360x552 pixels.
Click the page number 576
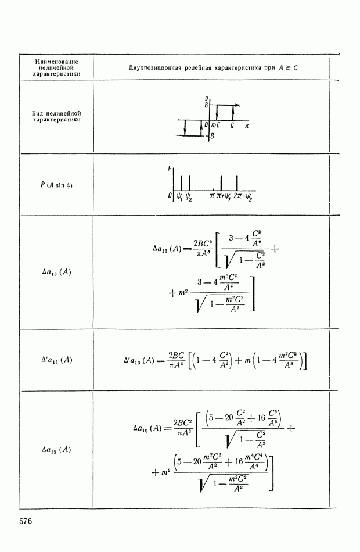(x=26, y=521)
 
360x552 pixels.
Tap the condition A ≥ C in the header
(x=288, y=67)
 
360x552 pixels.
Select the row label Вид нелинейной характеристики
(x=56, y=116)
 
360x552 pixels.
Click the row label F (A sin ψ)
(x=56, y=185)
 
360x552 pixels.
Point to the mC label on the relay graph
(x=216, y=126)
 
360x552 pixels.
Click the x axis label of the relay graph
(x=247, y=126)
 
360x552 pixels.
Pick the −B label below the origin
(x=211, y=136)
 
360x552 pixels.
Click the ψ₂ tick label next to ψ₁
(x=189, y=197)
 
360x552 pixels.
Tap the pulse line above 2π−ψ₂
(x=237, y=183)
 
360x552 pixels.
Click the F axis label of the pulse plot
(x=170, y=169)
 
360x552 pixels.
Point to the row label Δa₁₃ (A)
(x=56, y=272)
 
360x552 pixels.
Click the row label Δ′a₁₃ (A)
(x=56, y=360)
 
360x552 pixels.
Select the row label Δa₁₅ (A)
(x=56, y=449)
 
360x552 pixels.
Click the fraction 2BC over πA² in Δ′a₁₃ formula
(x=177, y=360)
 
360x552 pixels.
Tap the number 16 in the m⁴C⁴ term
(x=239, y=461)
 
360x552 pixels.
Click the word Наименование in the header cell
(x=57, y=62)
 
